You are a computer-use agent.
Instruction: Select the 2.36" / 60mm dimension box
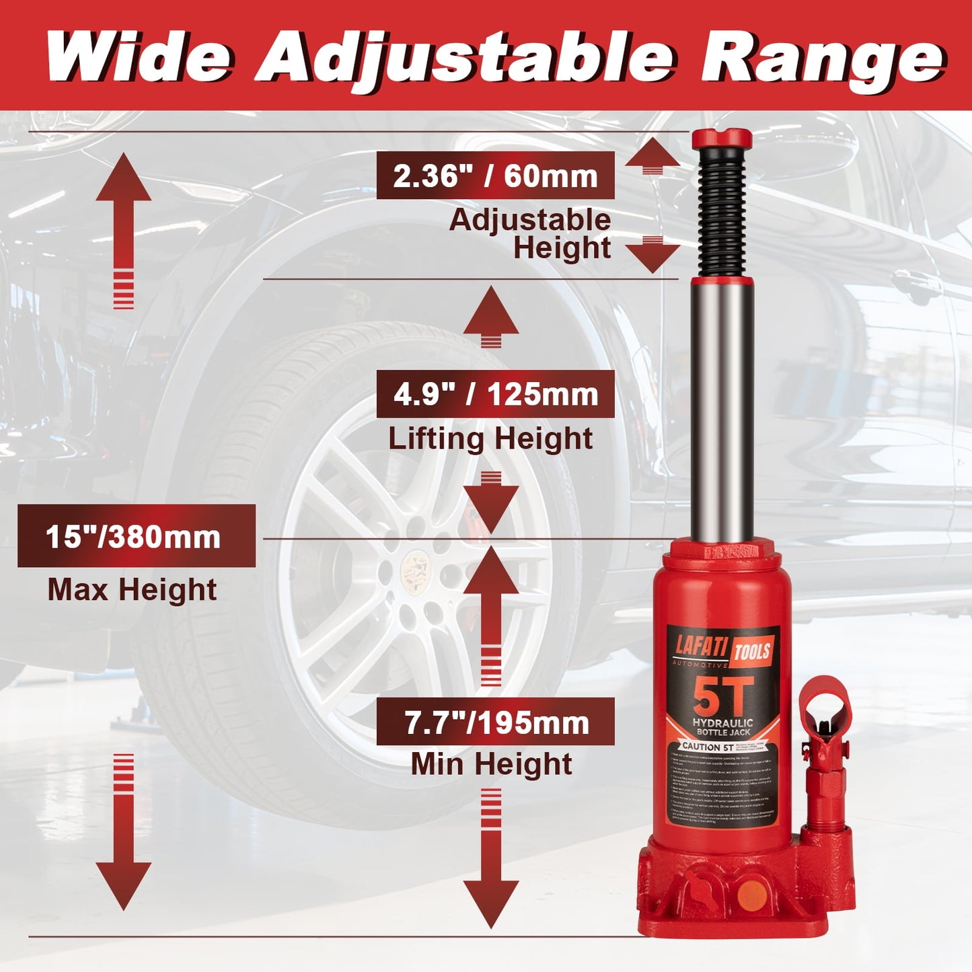[495, 176]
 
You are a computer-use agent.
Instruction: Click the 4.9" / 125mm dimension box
[495, 394]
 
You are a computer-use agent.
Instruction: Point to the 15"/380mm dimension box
[136, 536]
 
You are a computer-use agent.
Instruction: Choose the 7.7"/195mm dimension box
[495, 722]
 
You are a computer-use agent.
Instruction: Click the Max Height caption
[132, 589]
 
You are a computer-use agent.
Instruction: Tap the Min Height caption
[491, 763]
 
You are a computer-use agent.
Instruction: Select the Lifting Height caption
[490, 438]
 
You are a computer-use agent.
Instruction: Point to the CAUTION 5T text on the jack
[706, 747]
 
